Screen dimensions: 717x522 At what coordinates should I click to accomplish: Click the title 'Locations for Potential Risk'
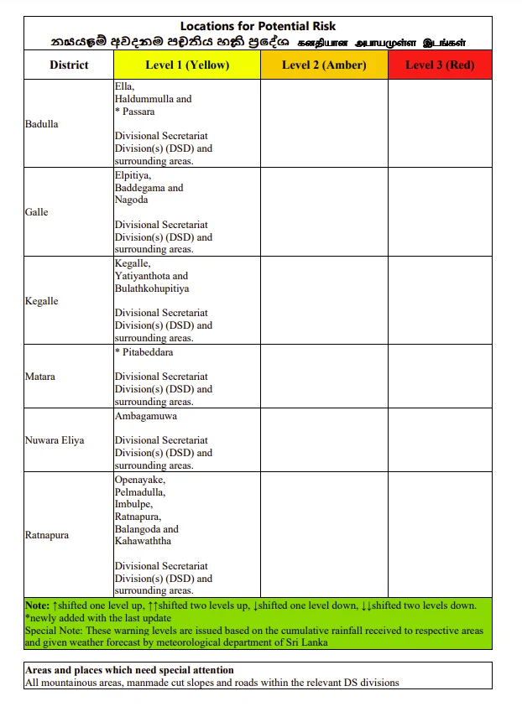(258, 27)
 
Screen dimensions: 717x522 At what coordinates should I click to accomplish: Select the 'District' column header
(69, 65)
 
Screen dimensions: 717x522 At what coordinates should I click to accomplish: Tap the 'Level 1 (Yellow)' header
(187, 65)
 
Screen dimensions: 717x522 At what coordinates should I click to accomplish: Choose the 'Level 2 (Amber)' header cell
(323, 65)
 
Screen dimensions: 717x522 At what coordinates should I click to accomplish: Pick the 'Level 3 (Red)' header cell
(440, 65)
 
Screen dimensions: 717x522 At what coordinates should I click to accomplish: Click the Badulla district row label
(42, 124)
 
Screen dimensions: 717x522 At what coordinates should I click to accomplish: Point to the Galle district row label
(37, 212)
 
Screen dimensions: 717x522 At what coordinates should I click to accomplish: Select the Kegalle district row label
(42, 300)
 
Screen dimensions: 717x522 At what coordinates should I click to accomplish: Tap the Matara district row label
(40, 377)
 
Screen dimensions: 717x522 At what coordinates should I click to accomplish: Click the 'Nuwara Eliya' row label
(55, 440)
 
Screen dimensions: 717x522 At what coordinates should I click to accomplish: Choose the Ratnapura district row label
(47, 535)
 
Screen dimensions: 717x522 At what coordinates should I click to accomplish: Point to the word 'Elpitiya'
(133, 175)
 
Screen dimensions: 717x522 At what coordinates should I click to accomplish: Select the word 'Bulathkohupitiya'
(152, 288)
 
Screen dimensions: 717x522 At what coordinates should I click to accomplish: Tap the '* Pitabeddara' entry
(144, 352)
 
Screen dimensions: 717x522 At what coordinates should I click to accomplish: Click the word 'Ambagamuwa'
(146, 416)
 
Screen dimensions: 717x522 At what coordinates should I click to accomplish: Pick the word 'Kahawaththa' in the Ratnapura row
(142, 541)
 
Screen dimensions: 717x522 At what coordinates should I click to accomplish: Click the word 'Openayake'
(139, 480)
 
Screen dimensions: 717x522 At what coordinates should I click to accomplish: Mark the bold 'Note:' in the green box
(37, 605)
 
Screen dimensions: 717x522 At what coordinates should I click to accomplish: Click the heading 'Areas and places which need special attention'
(129, 670)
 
